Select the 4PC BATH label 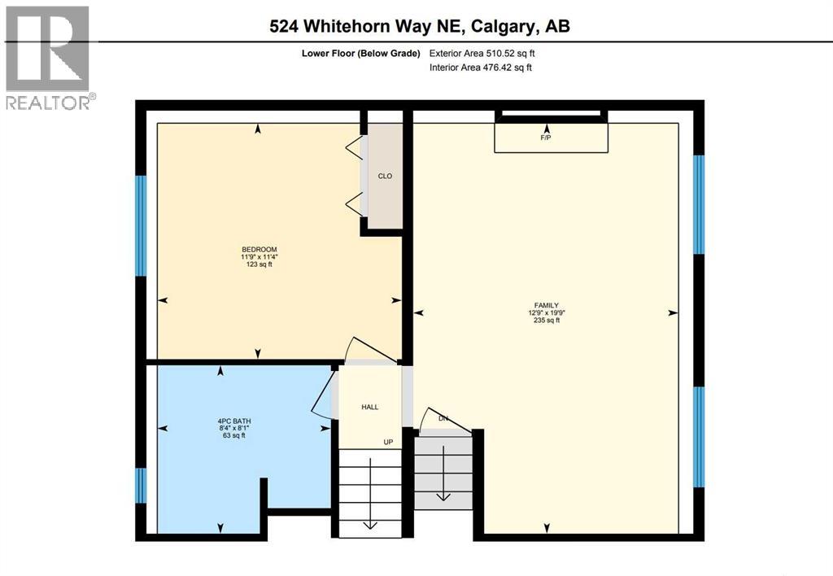coord(227,421)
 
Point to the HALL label coord(370,408)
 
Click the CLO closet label coord(386,176)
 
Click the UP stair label coord(390,442)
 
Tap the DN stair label coord(443,419)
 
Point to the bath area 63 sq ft coord(227,436)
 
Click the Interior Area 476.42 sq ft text coord(481,68)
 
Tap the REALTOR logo coord(48,58)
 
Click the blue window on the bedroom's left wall coord(141,225)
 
